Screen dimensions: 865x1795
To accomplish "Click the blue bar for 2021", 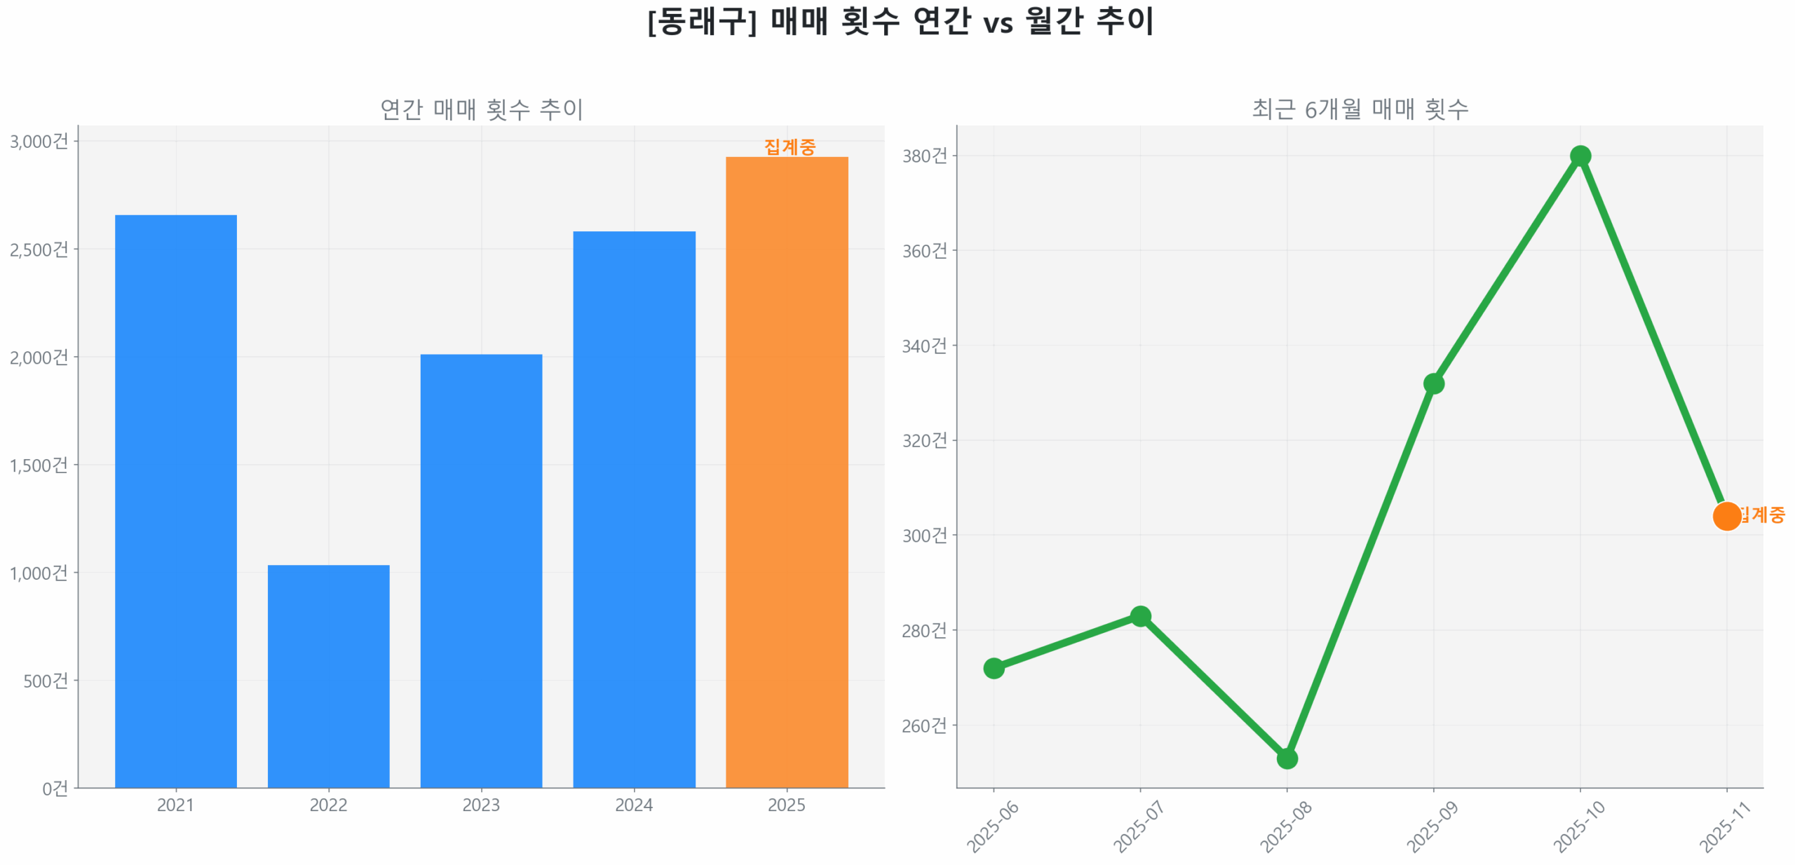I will [x=175, y=500].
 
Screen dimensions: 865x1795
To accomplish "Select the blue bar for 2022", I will [x=328, y=676].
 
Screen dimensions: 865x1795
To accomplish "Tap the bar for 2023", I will [x=481, y=571].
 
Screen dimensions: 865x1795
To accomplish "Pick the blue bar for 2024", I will [x=634, y=509].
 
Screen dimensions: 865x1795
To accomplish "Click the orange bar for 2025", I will [x=787, y=472].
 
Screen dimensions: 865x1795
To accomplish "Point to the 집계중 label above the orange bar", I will [x=790, y=147].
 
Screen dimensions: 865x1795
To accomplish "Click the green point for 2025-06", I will [x=994, y=668].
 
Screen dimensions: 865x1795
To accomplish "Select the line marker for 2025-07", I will [x=1140, y=616].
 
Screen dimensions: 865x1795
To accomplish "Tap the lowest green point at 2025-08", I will [x=1287, y=758].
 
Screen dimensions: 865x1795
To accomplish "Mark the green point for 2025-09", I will [x=1433, y=383].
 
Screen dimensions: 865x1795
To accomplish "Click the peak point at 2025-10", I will [x=1580, y=156].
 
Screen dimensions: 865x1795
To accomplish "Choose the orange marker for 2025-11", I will [x=1726, y=516].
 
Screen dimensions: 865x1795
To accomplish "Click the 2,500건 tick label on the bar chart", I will [x=39, y=250].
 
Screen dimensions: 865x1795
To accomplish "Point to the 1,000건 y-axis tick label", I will [x=39, y=573].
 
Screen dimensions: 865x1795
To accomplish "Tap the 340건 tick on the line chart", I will [x=924, y=346].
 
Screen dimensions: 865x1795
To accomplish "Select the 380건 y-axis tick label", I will [x=924, y=156].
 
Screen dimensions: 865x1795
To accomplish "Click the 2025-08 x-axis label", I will [x=1285, y=827].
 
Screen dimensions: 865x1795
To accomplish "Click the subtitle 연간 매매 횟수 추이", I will [x=482, y=109].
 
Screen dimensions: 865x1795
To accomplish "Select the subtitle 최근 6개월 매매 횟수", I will [x=1360, y=109].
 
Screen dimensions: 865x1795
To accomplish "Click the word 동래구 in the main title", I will [x=701, y=22].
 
